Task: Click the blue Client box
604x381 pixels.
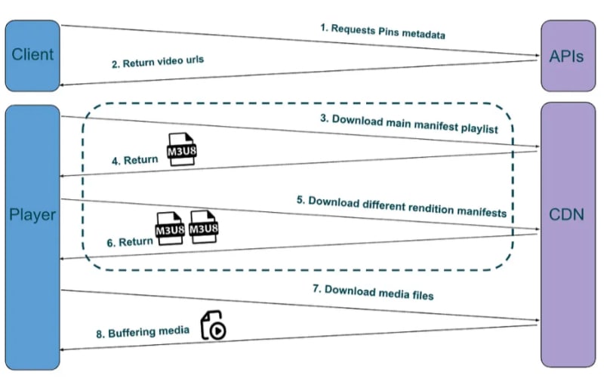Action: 32,56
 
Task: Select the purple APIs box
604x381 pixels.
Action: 569,56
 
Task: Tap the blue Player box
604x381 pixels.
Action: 32,238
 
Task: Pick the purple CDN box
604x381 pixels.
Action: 569,235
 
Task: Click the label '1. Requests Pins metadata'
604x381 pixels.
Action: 383,32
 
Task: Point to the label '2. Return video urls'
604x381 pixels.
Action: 158,62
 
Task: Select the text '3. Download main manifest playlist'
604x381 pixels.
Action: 409,124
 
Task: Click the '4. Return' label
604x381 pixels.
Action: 135,160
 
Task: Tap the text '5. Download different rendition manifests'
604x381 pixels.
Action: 402,206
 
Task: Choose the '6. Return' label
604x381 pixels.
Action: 130,242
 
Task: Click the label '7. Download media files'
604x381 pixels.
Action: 373,292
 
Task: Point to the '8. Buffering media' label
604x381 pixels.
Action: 143,332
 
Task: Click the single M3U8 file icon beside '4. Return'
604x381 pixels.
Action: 182,149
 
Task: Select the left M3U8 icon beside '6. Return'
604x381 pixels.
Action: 170,228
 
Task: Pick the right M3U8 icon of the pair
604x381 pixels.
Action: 204,226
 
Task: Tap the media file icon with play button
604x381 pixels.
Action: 214,325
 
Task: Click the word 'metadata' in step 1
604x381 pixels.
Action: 424,34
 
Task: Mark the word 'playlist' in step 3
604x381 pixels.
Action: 479,128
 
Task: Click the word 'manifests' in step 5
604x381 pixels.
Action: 482,212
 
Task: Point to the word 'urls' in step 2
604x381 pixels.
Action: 195,60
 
